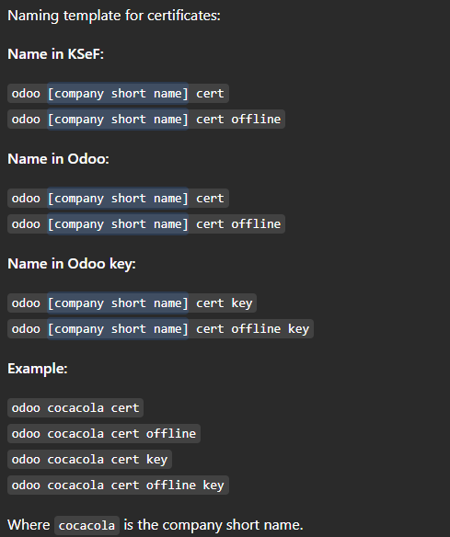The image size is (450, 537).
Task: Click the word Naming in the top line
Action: [x=33, y=16]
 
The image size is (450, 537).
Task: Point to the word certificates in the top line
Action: [x=184, y=16]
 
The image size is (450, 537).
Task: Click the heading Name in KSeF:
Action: [x=55, y=54]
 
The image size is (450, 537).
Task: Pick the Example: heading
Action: [x=38, y=369]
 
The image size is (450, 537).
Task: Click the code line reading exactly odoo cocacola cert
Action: [x=75, y=408]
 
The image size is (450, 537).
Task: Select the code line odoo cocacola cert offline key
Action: [x=118, y=485]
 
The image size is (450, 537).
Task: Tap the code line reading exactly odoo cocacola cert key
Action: [x=89, y=459]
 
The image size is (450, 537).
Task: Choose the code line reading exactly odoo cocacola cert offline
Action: [x=104, y=434]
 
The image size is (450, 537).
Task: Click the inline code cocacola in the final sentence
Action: [x=87, y=525]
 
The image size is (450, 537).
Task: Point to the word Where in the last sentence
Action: [x=29, y=525]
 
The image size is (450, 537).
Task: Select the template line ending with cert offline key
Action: [x=160, y=329]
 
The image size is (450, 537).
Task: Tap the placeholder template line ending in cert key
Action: [x=132, y=303]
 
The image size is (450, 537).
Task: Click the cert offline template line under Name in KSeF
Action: [x=146, y=120]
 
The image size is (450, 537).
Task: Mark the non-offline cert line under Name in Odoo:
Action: [x=118, y=199]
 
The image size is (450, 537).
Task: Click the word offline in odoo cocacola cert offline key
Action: [x=170, y=485]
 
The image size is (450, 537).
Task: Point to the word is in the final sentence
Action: [x=128, y=525]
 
